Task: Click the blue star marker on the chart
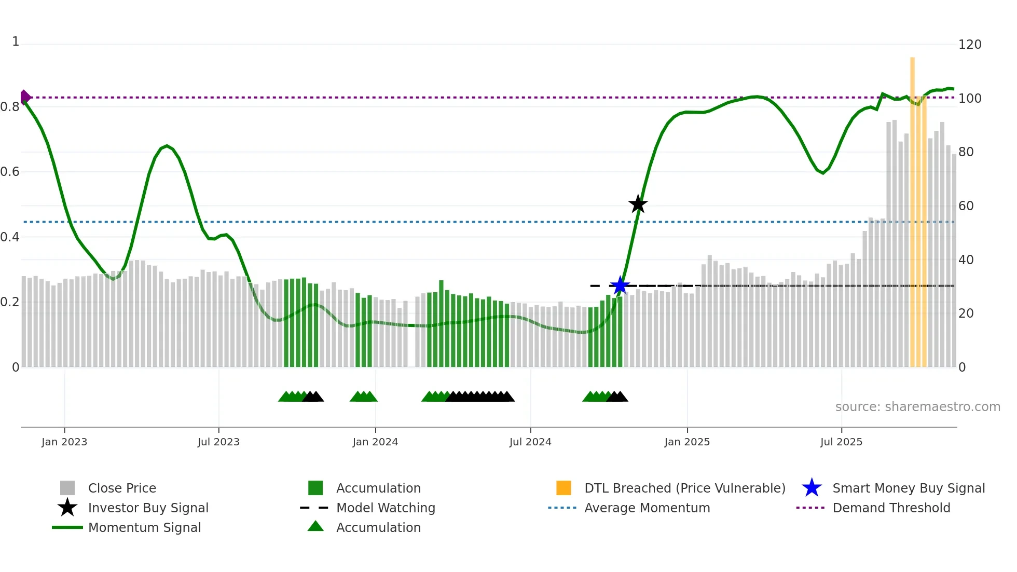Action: (620, 285)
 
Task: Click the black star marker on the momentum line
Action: (638, 204)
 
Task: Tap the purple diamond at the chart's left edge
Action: (25, 97)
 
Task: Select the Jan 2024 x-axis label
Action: (375, 442)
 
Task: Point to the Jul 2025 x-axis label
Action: (841, 442)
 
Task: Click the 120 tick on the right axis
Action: (969, 45)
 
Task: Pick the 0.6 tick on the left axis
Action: (10, 172)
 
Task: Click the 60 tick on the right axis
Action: (966, 206)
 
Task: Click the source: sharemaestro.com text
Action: (917, 407)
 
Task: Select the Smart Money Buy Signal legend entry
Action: (908, 488)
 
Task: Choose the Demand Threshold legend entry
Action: (891, 508)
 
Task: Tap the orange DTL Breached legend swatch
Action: (564, 488)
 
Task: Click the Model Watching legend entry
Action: (385, 508)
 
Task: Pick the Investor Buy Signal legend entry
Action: (148, 508)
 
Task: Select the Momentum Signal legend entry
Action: (144, 527)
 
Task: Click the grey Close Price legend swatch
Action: (67, 488)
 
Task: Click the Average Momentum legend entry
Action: (647, 508)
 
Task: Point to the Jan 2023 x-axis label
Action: (64, 442)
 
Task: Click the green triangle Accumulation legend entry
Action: (378, 527)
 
